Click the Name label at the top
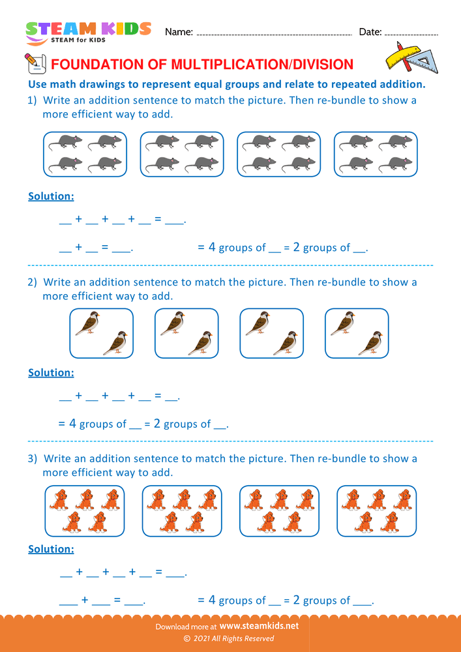coord(178,32)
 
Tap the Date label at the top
coord(370,32)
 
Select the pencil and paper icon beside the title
coord(35,63)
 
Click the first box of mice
coord(85,154)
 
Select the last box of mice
coord(376,154)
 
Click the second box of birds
coord(186,333)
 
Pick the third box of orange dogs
coord(279,511)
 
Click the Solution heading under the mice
coord(51,196)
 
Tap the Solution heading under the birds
coord(51,373)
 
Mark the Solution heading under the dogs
coord(51,549)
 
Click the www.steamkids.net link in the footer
coord(259,626)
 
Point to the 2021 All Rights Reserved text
coord(233,638)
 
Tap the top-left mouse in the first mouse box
coord(67,141)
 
